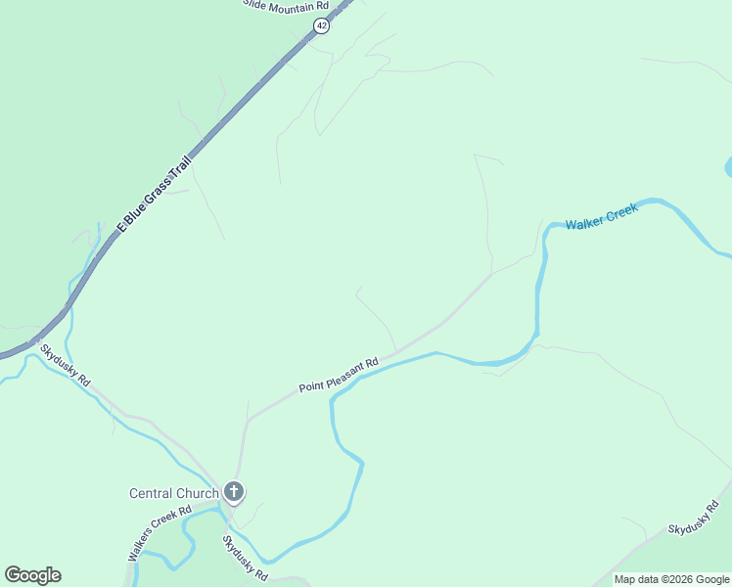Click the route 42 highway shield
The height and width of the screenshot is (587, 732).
click(321, 26)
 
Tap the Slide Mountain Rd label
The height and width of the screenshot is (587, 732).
click(286, 5)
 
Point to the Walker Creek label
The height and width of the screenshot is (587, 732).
click(602, 216)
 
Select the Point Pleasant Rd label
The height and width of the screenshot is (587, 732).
click(339, 376)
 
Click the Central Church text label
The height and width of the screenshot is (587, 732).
click(174, 493)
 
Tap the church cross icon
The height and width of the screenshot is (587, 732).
click(234, 491)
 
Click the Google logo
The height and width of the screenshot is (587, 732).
click(32, 575)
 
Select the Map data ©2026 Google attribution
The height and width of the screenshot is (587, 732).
click(671, 579)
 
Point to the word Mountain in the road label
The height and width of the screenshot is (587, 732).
click(289, 5)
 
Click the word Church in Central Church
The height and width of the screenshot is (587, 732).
click(199, 493)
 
